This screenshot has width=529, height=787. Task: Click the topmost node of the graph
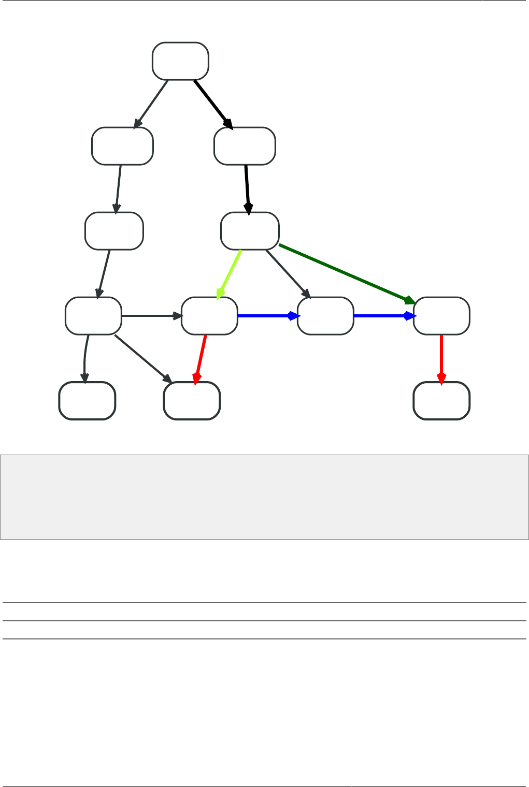[x=180, y=61]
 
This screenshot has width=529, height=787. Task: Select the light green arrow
[x=230, y=274]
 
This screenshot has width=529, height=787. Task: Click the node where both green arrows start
[x=250, y=231]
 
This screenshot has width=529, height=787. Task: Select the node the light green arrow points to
[x=209, y=316]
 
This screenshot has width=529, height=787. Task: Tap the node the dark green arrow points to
[x=441, y=316]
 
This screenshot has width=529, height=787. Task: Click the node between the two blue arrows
[x=325, y=316]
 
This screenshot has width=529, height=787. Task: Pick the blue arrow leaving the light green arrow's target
[x=267, y=316]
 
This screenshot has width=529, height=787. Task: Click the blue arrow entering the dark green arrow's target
[x=383, y=316]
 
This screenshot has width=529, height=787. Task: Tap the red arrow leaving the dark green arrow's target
[x=441, y=358]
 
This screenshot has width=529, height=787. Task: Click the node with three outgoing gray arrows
[x=93, y=316]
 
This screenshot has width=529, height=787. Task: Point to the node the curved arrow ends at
[x=87, y=401]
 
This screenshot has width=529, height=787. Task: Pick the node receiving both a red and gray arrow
[x=192, y=401]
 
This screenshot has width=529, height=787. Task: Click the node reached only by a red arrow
[x=441, y=401]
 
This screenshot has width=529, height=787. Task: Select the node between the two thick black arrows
[x=245, y=146]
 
